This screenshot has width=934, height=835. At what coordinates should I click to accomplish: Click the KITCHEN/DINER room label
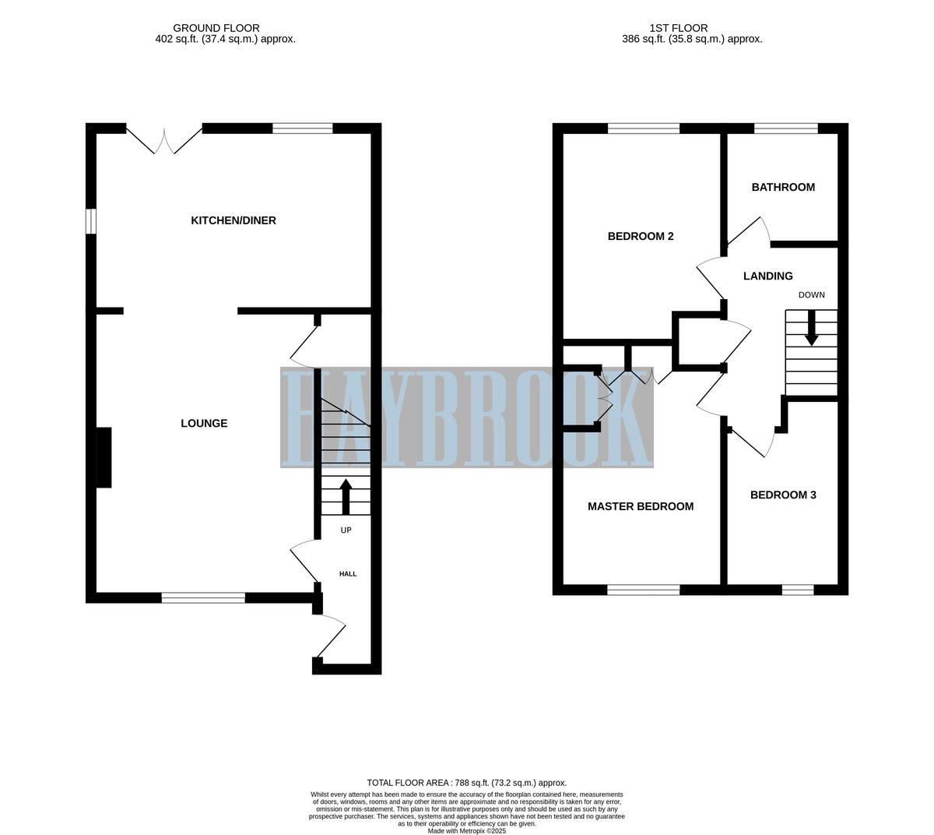[x=233, y=220]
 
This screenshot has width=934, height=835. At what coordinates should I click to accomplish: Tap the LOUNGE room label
[x=204, y=424]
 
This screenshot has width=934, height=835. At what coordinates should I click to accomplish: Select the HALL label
[x=348, y=574]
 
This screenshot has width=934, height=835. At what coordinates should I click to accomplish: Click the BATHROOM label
[x=783, y=187]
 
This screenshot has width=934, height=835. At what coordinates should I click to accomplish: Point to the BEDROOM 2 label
[x=641, y=236]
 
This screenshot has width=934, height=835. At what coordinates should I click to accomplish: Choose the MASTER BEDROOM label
[x=641, y=506]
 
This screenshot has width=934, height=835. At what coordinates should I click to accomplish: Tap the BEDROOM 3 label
[x=783, y=495]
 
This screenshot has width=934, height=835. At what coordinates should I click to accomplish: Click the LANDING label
[x=768, y=276]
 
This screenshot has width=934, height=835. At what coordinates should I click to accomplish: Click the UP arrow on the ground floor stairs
[x=346, y=497]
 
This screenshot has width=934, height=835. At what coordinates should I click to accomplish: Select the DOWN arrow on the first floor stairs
[x=811, y=328]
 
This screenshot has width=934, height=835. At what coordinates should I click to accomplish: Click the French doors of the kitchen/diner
[x=164, y=139]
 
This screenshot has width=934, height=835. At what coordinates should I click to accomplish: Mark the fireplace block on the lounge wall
[x=104, y=457]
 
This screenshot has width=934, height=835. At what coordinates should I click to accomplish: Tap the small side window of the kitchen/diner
[x=91, y=221]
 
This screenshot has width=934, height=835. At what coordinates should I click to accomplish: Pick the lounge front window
[x=203, y=597]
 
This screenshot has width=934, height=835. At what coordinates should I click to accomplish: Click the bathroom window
[x=786, y=129]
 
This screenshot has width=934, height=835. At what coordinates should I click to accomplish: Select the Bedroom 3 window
[x=798, y=590]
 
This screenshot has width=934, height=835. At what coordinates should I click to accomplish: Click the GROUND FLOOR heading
[x=205, y=28]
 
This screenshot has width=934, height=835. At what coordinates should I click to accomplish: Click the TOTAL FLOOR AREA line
[x=467, y=783]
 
